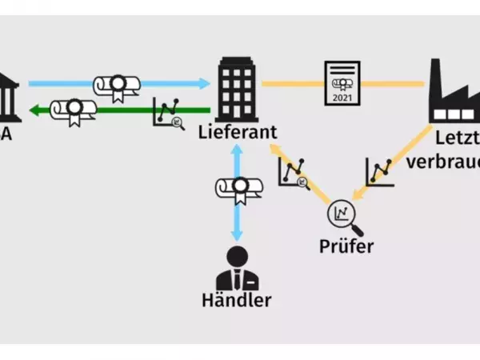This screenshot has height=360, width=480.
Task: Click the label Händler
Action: click(x=237, y=301)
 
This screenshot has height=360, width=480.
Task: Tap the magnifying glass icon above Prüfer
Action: click(x=342, y=214)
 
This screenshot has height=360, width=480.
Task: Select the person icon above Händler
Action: click(x=237, y=267)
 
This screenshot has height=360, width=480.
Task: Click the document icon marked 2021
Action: click(x=342, y=82)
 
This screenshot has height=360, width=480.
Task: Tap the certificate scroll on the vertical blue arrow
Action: click(x=238, y=189)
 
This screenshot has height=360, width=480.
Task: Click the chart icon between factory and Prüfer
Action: click(x=380, y=171)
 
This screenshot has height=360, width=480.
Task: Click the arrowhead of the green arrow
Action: click(x=34, y=110)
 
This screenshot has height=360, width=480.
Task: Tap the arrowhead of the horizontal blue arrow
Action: click(x=203, y=82)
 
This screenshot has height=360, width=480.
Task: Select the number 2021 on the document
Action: click(x=342, y=97)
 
